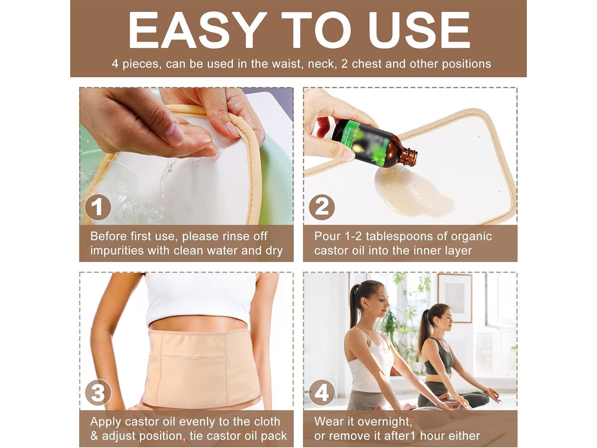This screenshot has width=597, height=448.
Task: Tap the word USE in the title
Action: pyautogui.click(x=419, y=30)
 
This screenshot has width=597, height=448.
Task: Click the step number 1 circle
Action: pyautogui.click(x=98, y=207)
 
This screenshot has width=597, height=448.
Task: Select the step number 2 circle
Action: pyautogui.click(x=322, y=207)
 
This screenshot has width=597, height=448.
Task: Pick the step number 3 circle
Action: pyautogui.click(x=98, y=393)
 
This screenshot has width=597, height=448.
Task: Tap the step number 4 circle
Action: pyautogui.click(x=322, y=393)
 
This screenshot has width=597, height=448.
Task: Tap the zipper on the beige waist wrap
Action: pyautogui.click(x=194, y=356)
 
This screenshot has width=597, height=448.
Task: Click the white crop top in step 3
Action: pyautogui.click(x=200, y=299)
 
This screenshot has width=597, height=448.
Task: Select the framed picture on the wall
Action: pyautogui.click(x=455, y=298)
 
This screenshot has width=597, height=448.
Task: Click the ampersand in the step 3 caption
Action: pyautogui.click(x=94, y=436)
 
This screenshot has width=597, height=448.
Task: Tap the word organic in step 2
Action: pyautogui.click(x=471, y=236)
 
